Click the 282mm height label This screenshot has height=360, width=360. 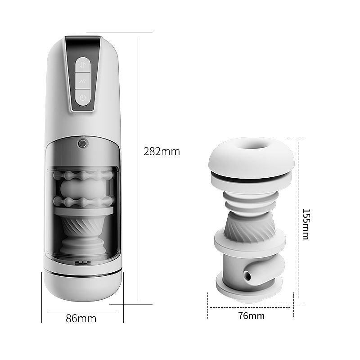point(162,152)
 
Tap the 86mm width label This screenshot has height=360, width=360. point(81,319)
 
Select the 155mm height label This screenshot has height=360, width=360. point(306,224)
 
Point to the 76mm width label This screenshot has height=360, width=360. point(252,316)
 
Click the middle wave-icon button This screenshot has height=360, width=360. point(83,81)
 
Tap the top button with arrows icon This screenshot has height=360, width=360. point(83,65)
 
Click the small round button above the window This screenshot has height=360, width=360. point(83,144)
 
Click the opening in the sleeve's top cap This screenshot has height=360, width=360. point(252,145)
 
